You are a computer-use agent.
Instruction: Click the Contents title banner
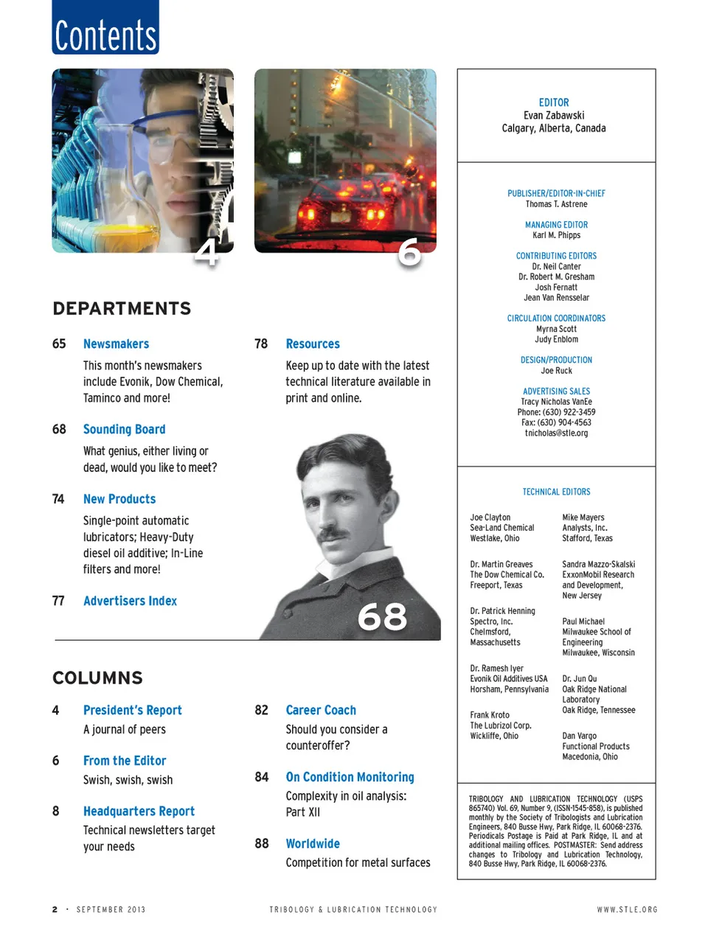(x=105, y=28)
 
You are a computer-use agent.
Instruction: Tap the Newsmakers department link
(x=116, y=344)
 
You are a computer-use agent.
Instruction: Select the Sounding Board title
(x=124, y=430)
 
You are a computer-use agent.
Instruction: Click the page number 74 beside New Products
(x=58, y=499)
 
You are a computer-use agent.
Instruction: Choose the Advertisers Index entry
(x=130, y=602)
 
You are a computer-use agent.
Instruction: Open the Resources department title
(x=313, y=344)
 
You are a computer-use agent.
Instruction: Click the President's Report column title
(x=132, y=711)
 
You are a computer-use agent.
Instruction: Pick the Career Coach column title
(x=321, y=711)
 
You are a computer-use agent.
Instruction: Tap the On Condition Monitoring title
(x=350, y=778)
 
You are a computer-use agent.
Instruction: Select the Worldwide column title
(x=313, y=844)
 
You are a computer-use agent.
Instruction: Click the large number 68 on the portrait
(x=382, y=617)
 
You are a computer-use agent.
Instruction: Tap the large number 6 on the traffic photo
(x=409, y=253)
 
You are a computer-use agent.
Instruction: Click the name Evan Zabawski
(x=554, y=116)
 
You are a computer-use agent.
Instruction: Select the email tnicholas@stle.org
(x=556, y=433)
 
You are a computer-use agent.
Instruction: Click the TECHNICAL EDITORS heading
(x=556, y=492)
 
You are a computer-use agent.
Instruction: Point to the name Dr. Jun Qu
(x=580, y=679)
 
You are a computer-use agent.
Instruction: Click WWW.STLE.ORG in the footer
(x=627, y=910)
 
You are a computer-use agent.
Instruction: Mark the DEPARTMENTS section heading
(x=122, y=309)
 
